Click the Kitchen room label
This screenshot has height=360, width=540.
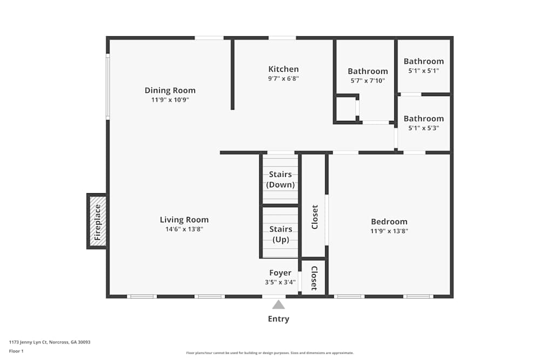click(x=283, y=69)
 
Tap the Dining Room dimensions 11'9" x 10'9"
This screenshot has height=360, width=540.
click(x=170, y=100)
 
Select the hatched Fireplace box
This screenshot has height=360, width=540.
click(x=97, y=221)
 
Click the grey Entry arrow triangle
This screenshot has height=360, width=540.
click(x=279, y=304)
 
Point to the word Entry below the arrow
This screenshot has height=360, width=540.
click(x=279, y=319)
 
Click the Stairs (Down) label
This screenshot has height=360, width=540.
click(x=280, y=179)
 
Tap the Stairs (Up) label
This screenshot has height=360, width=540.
click(x=281, y=234)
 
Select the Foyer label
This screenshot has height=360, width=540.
click(x=280, y=273)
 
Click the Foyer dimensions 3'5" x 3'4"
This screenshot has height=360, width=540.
click(x=280, y=282)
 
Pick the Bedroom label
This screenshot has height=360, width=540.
click(x=389, y=222)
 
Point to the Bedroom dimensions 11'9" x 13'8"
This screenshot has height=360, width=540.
click(x=389, y=231)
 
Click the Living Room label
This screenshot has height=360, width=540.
click(x=184, y=220)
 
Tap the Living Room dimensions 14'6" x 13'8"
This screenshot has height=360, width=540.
click(x=184, y=229)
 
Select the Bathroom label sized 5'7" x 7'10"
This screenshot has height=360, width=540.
click(x=368, y=71)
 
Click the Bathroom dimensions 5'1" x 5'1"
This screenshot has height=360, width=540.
click(x=423, y=71)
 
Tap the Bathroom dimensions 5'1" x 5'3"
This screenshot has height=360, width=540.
click(x=423, y=128)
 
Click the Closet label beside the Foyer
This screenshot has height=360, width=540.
click(x=314, y=278)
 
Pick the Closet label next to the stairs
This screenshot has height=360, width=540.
click(x=315, y=217)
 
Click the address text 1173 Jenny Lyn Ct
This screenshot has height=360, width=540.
click(x=28, y=342)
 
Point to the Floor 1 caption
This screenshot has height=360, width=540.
click(x=16, y=351)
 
